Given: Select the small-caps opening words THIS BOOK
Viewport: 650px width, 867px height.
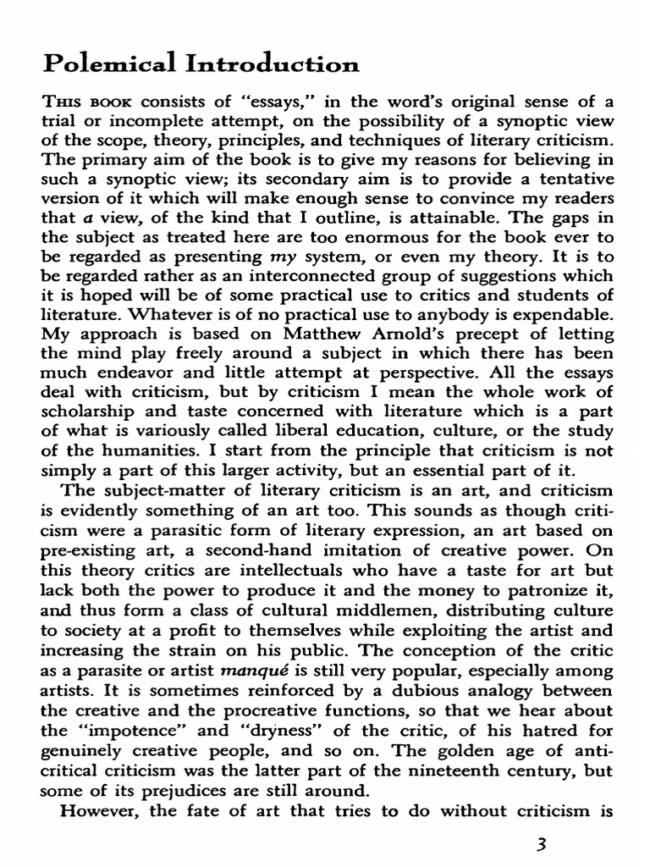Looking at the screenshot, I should pyautogui.click(x=96, y=103).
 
